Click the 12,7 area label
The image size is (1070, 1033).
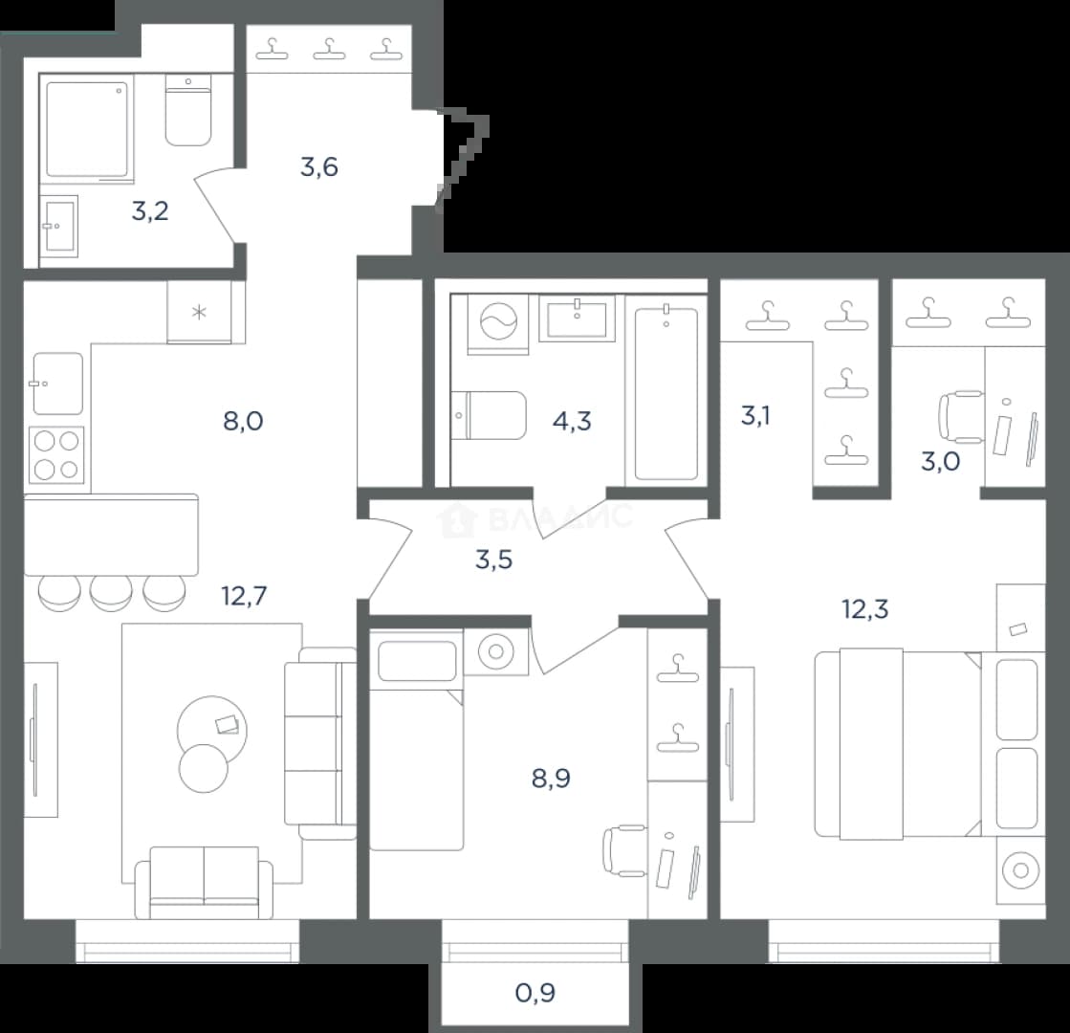[x=244, y=596]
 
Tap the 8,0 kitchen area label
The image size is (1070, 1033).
[x=243, y=421]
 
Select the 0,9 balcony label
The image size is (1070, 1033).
[x=535, y=993]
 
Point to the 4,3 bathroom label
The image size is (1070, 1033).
[x=572, y=421]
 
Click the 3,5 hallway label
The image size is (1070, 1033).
[x=494, y=560]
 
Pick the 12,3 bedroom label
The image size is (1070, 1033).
[x=865, y=608]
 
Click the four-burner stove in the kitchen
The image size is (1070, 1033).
[x=56, y=454]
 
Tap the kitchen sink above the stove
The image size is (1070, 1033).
[x=58, y=384]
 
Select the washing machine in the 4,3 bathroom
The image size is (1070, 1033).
[x=499, y=324]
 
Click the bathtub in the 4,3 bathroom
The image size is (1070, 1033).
[x=666, y=394]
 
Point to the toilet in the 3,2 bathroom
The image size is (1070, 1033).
[x=188, y=111]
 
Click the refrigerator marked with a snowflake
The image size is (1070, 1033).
[x=199, y=313]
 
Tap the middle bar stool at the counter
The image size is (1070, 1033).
[x=111, y=593]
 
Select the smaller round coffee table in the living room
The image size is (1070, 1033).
[x=204, y=768]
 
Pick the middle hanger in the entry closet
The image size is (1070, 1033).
[x=329, y=49]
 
